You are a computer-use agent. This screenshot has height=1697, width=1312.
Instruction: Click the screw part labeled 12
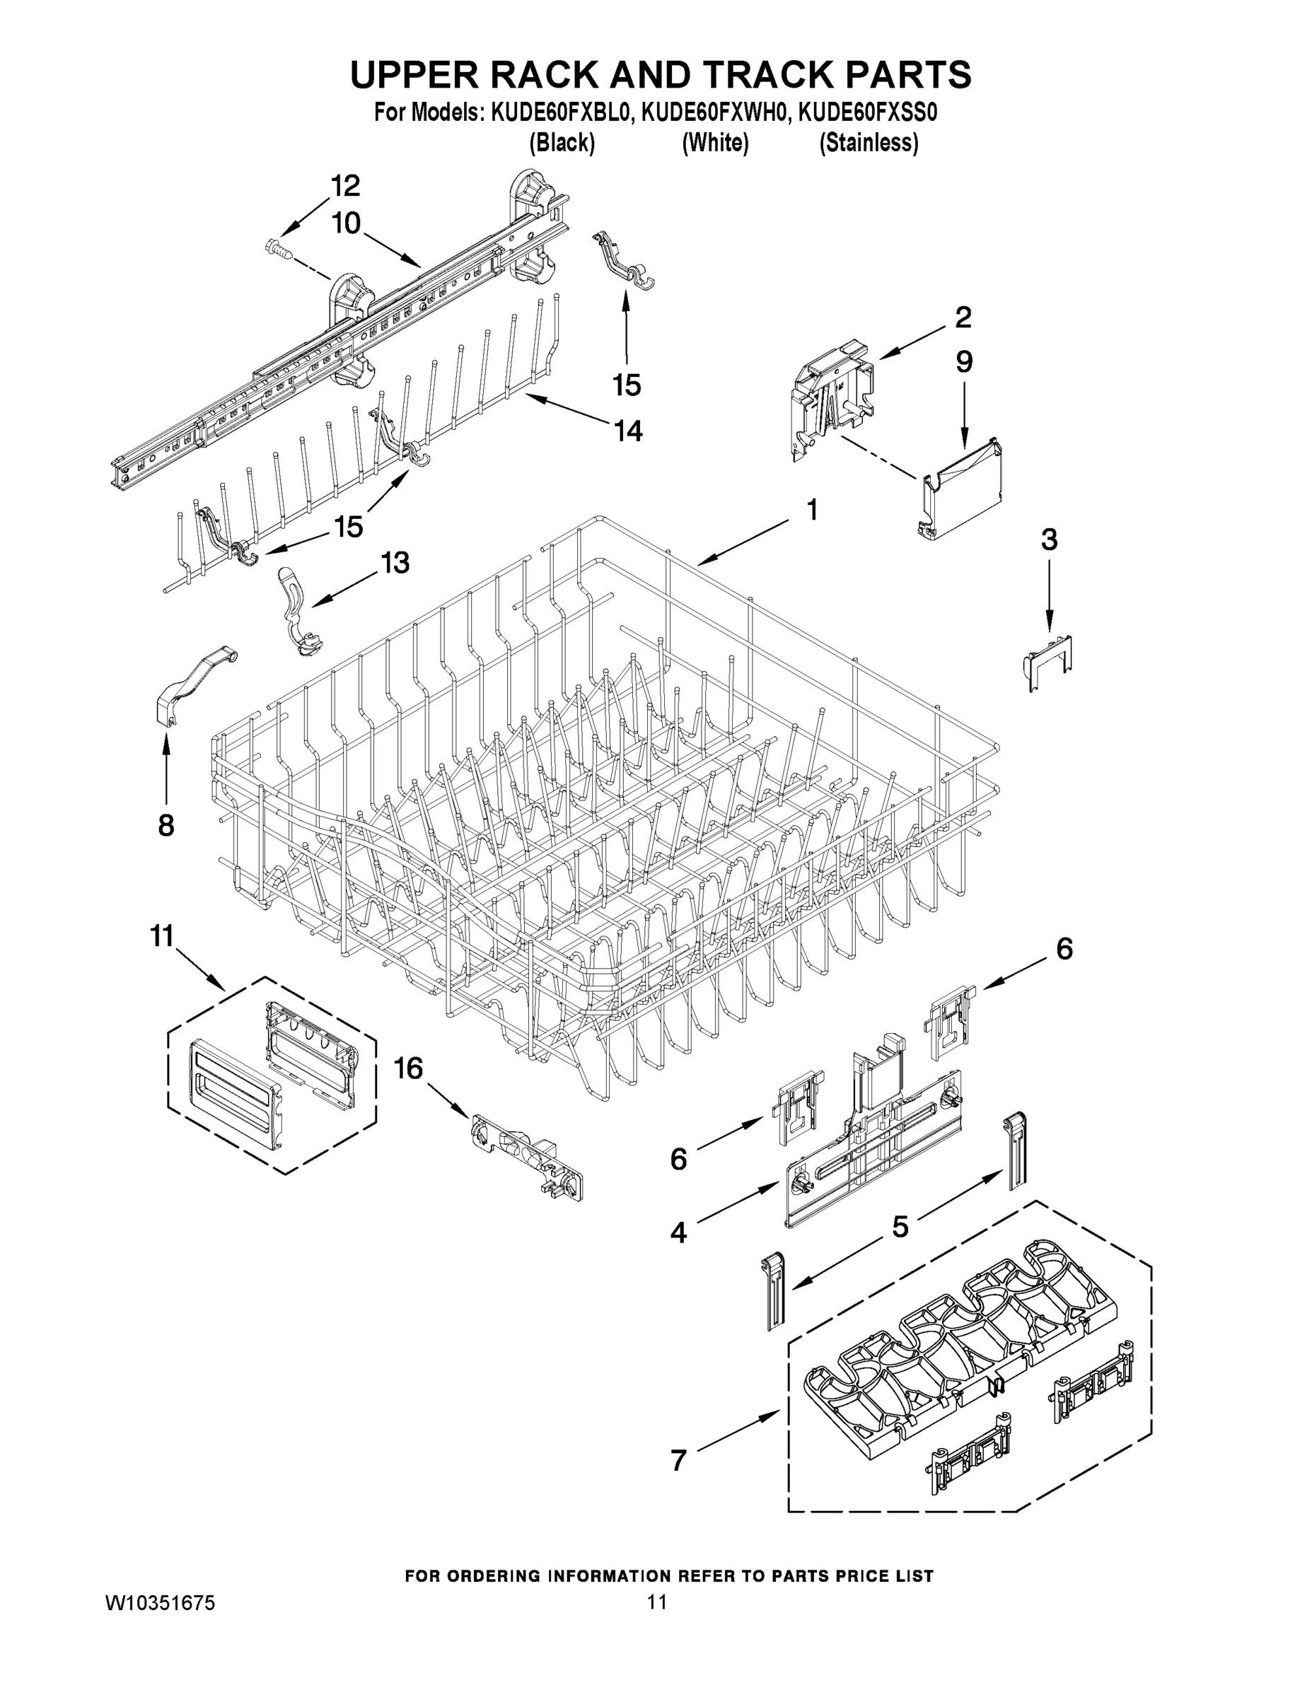coord(281,250)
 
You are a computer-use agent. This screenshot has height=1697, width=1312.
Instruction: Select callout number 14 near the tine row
coord(628,431)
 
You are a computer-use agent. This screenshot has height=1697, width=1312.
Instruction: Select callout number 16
coord(407,1069)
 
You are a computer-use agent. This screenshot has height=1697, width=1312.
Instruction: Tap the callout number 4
coord(678,1232)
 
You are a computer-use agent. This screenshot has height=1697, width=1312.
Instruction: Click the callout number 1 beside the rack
coord(811,511)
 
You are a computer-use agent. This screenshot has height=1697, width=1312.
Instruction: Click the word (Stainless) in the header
coord(869,143)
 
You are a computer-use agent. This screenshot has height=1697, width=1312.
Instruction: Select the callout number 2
coord(962,317)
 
